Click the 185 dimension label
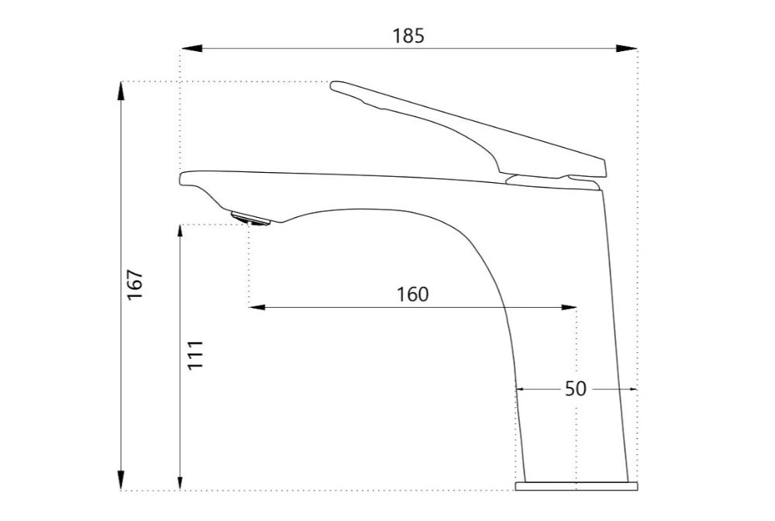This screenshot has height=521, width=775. [x=408, y=36]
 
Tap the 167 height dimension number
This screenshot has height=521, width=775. [x=135, y=284]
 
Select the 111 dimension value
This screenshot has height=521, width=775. [x=195, y=354]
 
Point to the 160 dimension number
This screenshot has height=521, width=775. [x=413, y=295]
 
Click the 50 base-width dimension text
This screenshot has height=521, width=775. [x=575, y=389]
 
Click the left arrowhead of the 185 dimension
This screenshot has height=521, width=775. [x=191, y=48]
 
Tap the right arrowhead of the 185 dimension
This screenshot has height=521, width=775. [x=626, y=48]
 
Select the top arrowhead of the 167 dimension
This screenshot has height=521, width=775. [x=121, y=91]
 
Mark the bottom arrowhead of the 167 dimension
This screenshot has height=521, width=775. [x=121, y=480]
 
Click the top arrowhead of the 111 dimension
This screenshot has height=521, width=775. [x=181, y=235]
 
